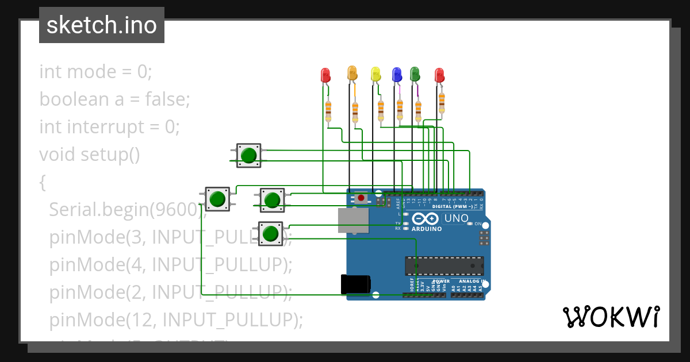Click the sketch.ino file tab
coord(102,25)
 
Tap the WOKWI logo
coord(611,317)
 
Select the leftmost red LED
coord(325,75)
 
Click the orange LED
coord(352,73)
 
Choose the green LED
coord(415,74)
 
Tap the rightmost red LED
coord(439,75)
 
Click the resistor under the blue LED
coord(400,109)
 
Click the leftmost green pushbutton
coord(217,199)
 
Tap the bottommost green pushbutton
coord(270,233)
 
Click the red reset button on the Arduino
coord(361,198)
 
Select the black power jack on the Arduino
coord(355,284)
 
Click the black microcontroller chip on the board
coord(444,265)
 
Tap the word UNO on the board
coord(457,218)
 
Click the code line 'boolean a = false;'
coord(114,99)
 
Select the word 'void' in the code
coord(57,155)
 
